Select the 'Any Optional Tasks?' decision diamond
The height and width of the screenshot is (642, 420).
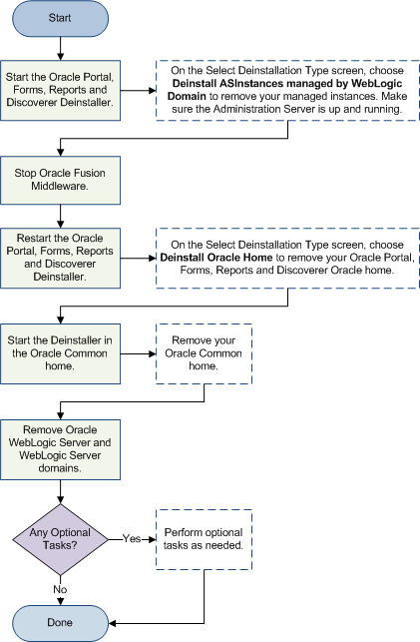(61, 538)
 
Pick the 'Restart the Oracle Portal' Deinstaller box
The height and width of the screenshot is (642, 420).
(61, 257)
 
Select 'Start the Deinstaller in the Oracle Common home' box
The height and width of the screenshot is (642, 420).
(61, 345)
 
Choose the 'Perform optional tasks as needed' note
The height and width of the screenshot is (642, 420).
(205, 539)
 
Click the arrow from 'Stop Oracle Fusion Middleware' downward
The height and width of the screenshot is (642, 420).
(61, 215)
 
